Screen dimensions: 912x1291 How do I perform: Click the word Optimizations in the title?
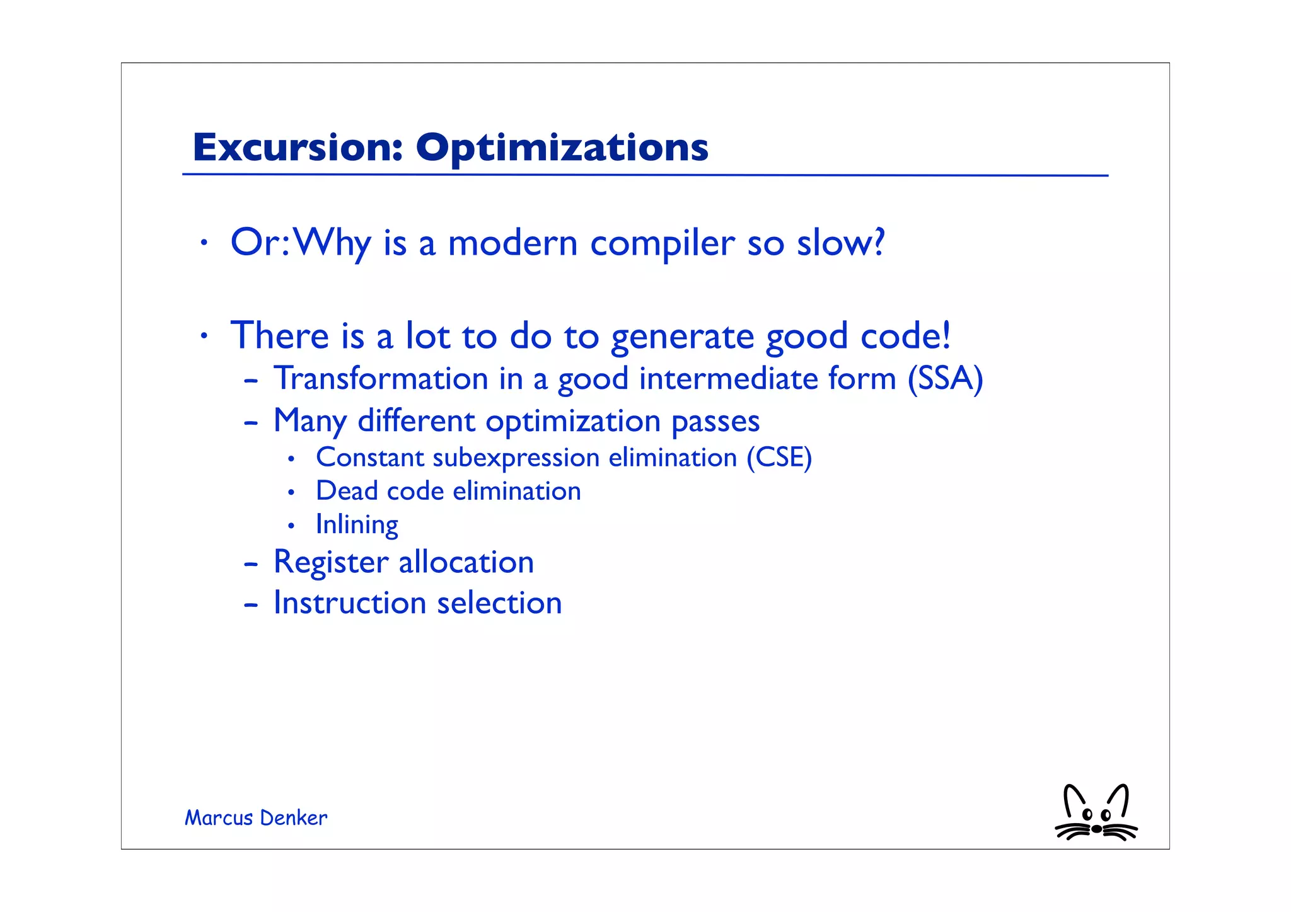pos(562,149)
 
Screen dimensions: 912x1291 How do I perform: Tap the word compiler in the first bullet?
pos(663,244)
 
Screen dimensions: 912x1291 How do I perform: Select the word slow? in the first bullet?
pos(841,243)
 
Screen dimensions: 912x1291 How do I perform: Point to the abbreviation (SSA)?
pos(945,379)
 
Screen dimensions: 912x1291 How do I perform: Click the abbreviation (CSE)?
pos(779,458)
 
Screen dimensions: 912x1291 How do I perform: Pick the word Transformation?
pos(381,379)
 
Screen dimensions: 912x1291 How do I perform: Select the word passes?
pos(715,422)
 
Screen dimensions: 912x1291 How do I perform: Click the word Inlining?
pos(357,525)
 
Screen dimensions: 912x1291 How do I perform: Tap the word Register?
pos(330,563)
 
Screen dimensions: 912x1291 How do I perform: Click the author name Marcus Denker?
pos(256,818)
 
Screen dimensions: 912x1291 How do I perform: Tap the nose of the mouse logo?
pos(1097,829)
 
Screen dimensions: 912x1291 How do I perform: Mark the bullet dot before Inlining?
pos(291,525)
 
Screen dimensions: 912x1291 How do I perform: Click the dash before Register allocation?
pos(251,564)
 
